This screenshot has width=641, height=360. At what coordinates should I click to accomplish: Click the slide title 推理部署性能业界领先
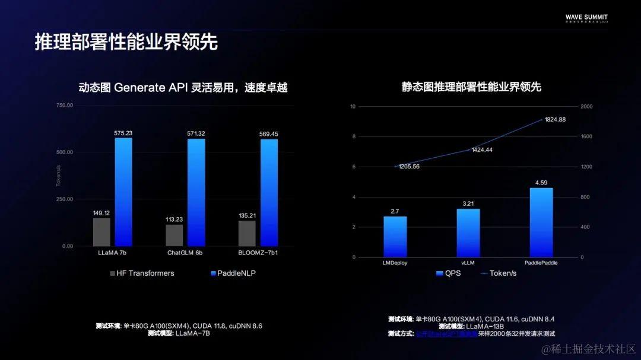[126, 42]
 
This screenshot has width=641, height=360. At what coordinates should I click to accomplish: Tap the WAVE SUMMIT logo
[586, 18]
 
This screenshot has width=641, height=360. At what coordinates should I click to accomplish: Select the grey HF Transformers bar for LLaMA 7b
[101, 232]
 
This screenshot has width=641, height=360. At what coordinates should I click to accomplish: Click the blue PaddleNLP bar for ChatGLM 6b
[196, 192]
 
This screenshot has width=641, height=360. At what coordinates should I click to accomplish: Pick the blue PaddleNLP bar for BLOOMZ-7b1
[269, 192]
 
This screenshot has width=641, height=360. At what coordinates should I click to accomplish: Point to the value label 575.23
[123, 133]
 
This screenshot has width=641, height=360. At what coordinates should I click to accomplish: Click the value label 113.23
[174, 219]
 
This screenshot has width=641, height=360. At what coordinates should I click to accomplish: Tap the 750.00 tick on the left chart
[65, 105]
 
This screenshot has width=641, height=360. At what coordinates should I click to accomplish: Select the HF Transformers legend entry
[142, 273]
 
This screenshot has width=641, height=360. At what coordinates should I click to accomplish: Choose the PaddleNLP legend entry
[233, 273]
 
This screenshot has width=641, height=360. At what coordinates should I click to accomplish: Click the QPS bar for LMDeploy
[395, 237]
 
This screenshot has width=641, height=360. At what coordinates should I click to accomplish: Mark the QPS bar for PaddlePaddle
[541, 222]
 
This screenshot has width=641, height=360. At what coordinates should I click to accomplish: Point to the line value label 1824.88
[554, 119]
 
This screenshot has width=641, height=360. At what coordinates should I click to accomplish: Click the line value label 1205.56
[409, 167]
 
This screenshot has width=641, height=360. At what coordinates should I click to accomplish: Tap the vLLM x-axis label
[468, 262]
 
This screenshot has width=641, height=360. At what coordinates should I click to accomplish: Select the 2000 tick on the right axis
[586, 107]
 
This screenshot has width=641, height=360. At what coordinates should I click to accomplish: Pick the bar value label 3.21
[468, 203]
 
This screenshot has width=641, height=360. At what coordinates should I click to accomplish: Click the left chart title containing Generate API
[183, 87]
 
